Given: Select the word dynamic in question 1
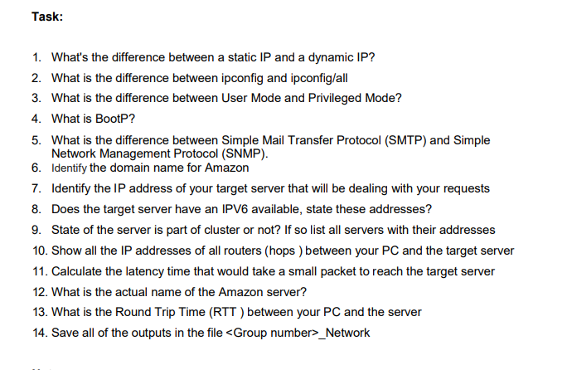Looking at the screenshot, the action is pos(323,58).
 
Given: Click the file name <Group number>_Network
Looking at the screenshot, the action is pos(298,333).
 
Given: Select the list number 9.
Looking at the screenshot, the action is pos(38,229).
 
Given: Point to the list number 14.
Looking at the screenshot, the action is pos(38,333).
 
